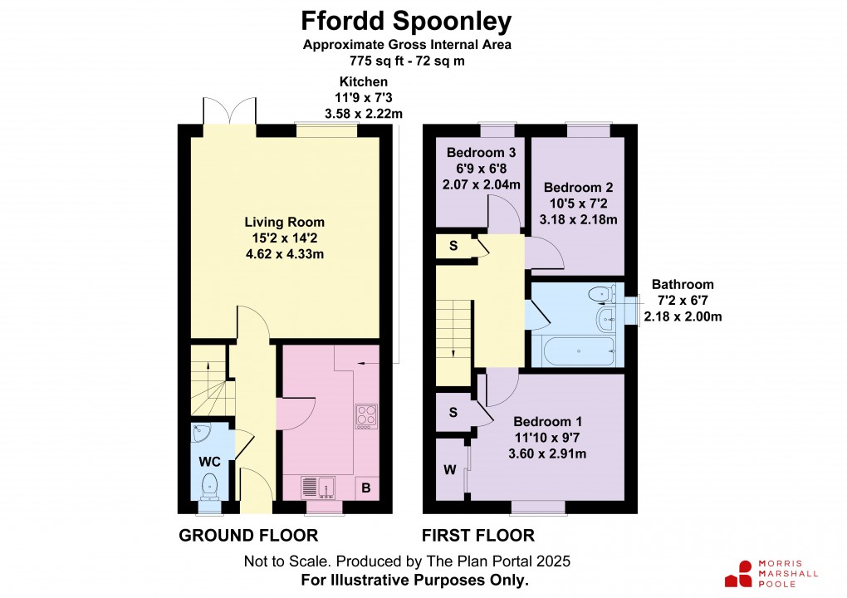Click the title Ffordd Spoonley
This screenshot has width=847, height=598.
coord(406,20)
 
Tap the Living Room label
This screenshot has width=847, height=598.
coord(284,223)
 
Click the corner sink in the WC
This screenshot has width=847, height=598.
coord(200,434)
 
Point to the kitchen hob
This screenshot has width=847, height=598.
coord(366,414)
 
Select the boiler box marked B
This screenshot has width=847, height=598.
coord(366,488)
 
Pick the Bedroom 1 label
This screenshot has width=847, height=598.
coord(541,421)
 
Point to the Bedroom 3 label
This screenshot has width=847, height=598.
coord(482,153)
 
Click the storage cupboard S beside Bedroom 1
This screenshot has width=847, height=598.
coord(453,412)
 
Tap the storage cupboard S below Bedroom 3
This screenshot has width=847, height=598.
coord(453,247)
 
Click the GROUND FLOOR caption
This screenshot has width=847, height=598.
coord(248,536)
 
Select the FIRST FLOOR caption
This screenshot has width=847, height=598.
coord(477,536)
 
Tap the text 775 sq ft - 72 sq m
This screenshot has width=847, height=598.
coord(406,60)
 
